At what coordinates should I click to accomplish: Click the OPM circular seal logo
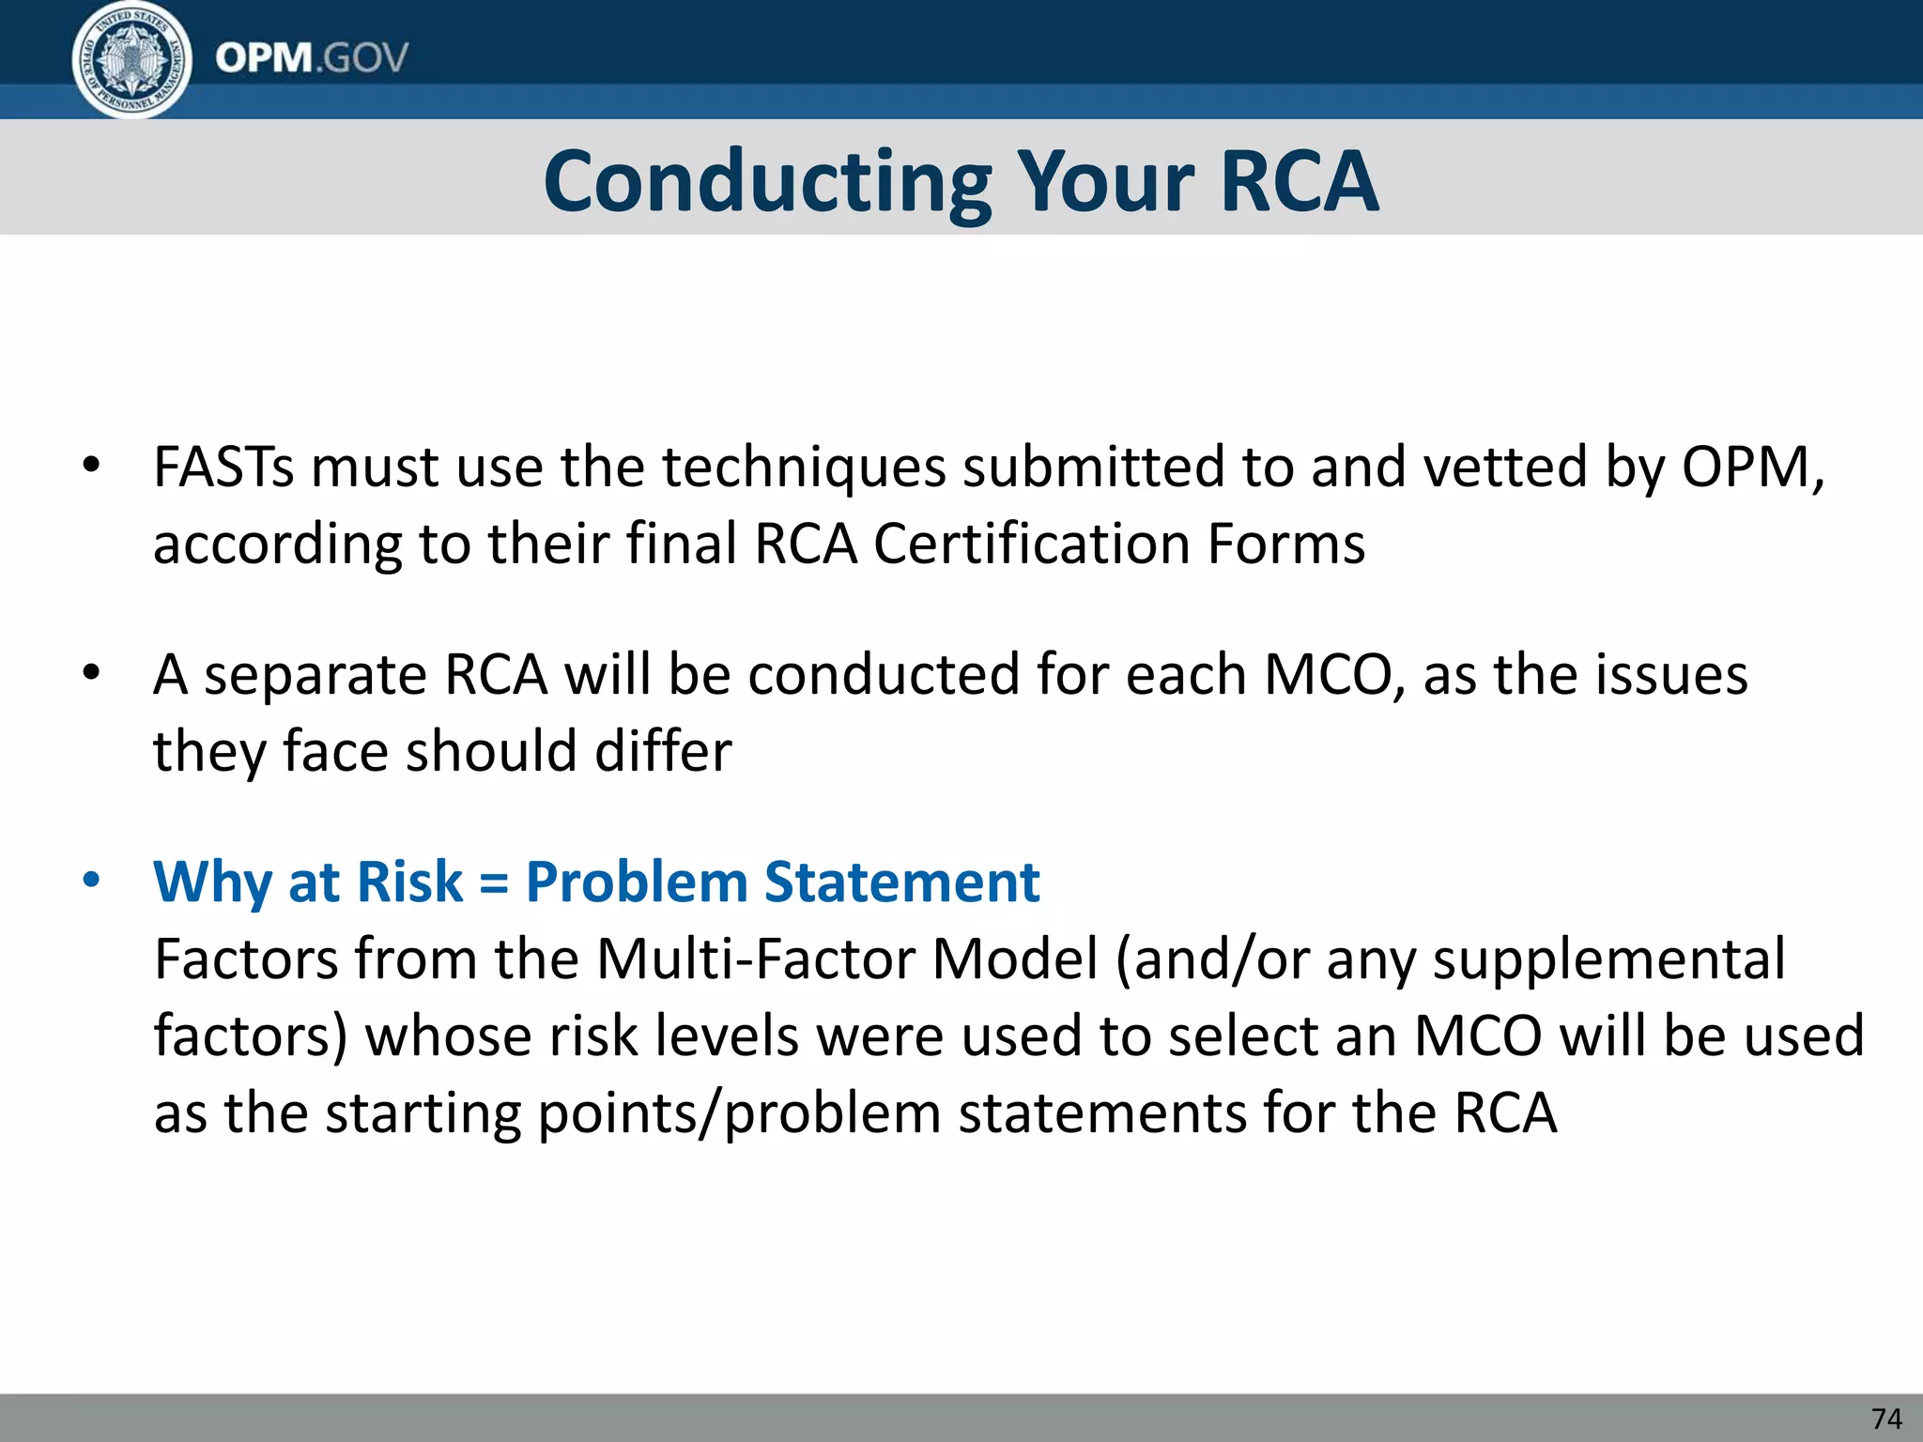pyautogui.click(x=131, y=59)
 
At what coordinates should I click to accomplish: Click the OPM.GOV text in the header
pyautogui.click(x=312, y=58)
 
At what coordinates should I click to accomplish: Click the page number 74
pyautogui.click(x=1886, y=1419)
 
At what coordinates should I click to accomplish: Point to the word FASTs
pyautogui.click(x=223, y=467)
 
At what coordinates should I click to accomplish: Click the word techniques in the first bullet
pyautogui.click(x=803, y=468)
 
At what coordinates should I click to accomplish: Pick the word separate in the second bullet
pyautogui.click(x=315, y=676)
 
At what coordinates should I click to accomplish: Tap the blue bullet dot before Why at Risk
pyautogui.click(x=91, y=881)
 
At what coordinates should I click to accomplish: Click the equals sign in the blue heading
pyautogui.click(x=494, y=883)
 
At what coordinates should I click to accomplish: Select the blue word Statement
pyautogui.click(x=901, y=882)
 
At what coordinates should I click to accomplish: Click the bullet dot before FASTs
pyautogui.click(x=91, y=466)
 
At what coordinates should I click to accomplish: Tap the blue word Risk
pyautogui.click(x=409, y=882)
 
